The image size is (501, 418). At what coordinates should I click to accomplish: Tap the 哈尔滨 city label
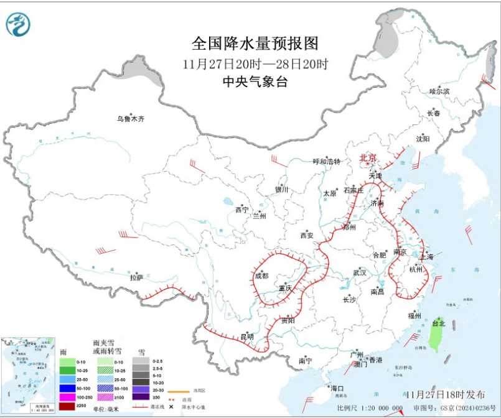(x=439, y=91)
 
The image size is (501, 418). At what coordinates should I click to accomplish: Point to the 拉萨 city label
(x=136, y=277)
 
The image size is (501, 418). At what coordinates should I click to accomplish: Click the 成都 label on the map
(x=262, y=276)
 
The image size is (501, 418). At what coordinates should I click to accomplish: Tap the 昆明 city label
(x=246, y=337)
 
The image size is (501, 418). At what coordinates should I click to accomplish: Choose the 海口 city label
(x=338, y=388)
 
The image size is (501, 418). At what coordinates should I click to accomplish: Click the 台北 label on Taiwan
(x=439, y=323)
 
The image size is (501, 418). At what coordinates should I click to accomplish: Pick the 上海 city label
(x=426, y=256)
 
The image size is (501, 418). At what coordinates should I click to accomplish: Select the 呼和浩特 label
(x=327, y=162)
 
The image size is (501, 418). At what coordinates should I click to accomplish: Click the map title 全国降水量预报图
(x=255, y=44)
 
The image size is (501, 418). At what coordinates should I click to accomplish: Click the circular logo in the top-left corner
(x=18, y=24)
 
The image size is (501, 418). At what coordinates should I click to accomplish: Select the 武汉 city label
(x=360, y=272)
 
